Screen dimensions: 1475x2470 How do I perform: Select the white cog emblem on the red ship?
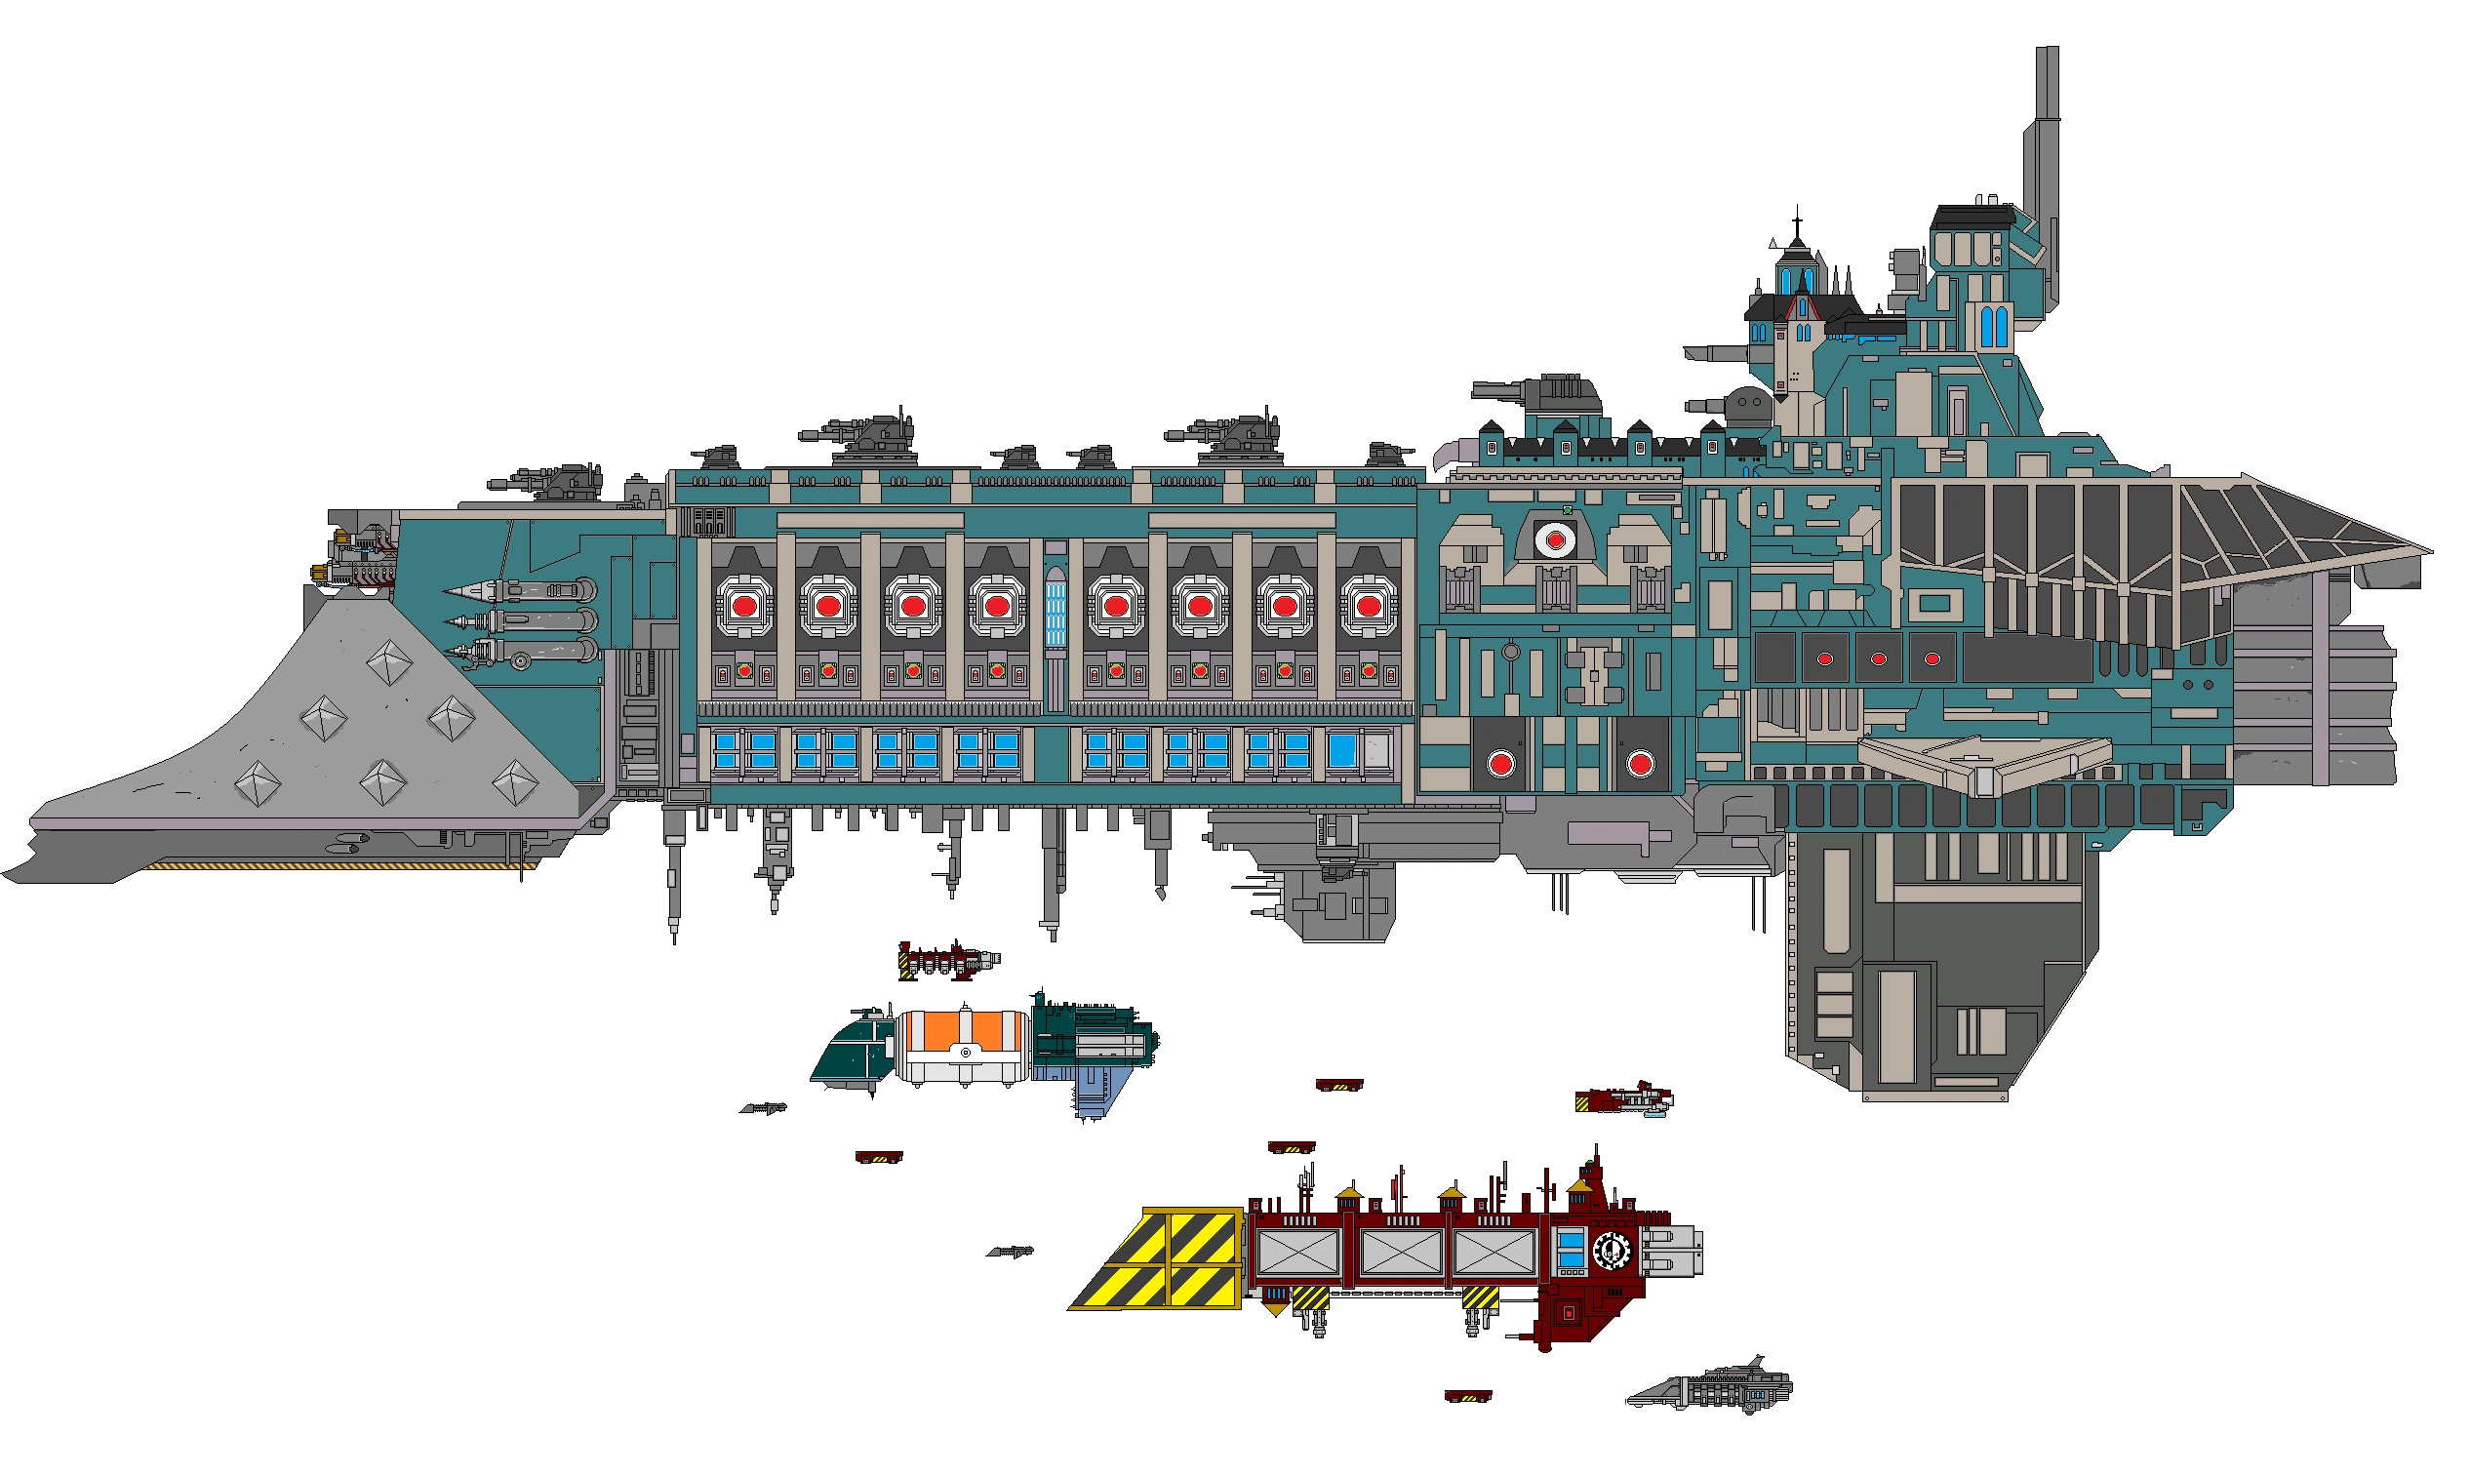1612,1252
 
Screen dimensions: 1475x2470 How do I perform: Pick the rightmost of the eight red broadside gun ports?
1368,604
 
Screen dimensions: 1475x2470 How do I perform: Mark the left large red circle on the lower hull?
1501,763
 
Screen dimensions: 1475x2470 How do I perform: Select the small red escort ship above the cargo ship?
949,961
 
